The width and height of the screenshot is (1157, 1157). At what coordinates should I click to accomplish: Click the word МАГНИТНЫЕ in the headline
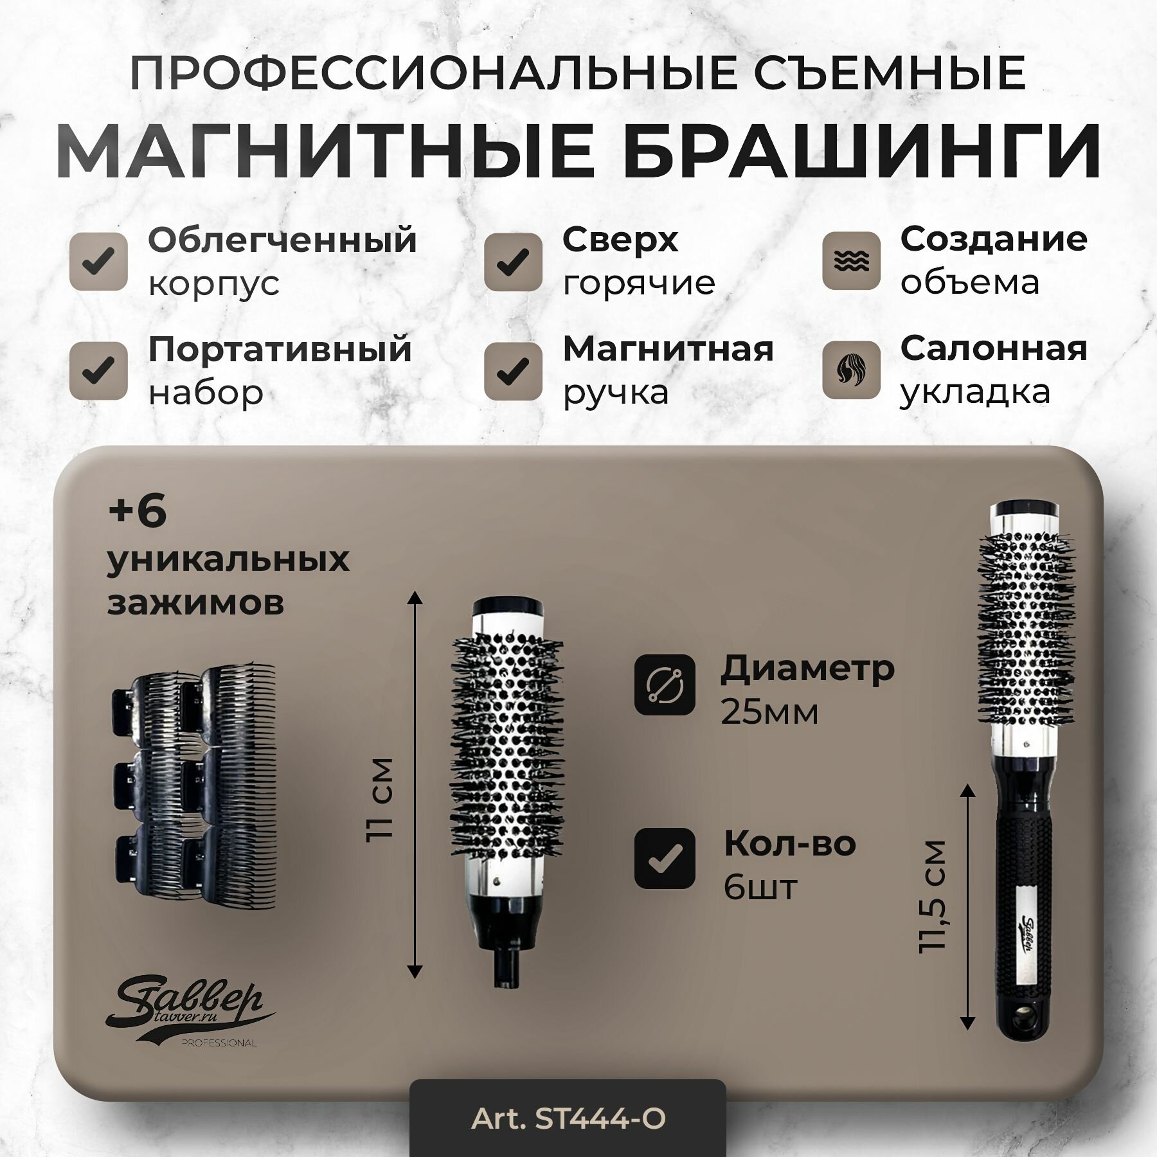tap(325, 152)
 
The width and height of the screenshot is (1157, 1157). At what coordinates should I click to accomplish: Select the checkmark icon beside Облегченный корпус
tap(98, 262)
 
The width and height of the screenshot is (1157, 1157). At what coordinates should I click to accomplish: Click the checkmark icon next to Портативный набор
tap(98, 371)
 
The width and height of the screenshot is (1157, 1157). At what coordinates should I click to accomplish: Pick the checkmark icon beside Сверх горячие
tap(513, 262)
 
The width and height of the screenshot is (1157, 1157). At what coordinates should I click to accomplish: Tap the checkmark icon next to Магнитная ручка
tap(513, 371)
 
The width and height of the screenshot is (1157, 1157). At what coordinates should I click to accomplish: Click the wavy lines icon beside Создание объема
tap(851, 260)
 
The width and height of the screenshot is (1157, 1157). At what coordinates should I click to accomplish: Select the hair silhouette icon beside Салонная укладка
tap(851, 370)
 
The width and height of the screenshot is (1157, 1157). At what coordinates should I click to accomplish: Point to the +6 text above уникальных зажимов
tap(137, 512)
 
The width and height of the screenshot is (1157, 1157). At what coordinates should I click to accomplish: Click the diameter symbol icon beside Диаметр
tap(665, 685)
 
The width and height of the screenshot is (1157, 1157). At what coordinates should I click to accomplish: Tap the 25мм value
tap(769, 712)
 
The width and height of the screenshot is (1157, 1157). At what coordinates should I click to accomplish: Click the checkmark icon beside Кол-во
tap(665, 858)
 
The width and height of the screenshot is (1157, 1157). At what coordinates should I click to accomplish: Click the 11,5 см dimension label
tap(933, 896)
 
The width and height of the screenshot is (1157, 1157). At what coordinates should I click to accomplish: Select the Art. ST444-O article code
tap(568, 1119)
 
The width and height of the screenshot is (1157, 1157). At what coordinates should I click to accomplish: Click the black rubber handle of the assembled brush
tap(1023, 900)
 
